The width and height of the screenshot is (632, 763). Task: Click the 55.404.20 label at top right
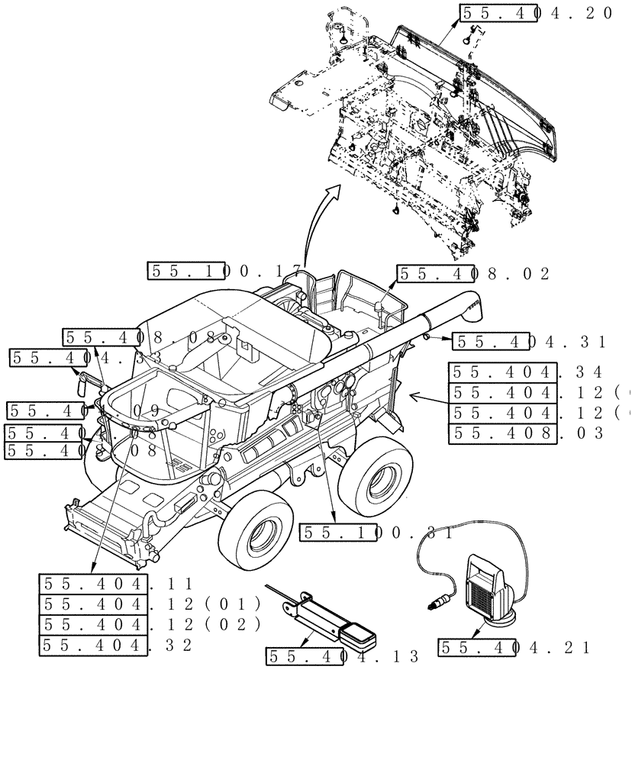[536, 13]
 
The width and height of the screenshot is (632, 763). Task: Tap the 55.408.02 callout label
[473, 274]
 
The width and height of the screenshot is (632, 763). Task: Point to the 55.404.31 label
[529, 342]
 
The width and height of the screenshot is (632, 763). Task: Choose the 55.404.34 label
[527, 372]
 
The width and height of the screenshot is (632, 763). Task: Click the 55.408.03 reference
[527, 434]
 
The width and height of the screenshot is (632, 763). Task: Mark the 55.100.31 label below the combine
[377, 533]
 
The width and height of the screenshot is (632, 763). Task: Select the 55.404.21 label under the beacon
[514, 648]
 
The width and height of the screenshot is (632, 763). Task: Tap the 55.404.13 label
[343, 656]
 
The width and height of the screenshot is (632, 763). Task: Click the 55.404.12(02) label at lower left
[150, 625]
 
